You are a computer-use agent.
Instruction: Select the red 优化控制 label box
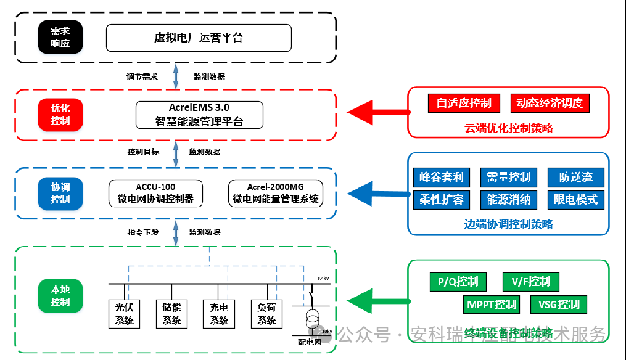[60, 113]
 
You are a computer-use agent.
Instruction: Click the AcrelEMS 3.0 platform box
[199, 115]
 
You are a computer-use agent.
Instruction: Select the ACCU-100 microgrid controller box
[155, 192]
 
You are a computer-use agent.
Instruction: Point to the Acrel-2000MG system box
[276, 192]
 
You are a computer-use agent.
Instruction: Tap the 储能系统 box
[171, 313]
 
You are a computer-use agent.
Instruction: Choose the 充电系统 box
[219, 313]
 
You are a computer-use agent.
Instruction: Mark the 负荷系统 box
[266, 313]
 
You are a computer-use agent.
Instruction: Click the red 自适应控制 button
[464, 103]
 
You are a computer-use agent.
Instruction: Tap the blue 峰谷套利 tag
[441, 178]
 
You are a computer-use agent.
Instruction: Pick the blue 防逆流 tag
[575, 178]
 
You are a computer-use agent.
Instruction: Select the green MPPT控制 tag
[492, 305]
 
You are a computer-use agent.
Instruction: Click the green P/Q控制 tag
[458, 282]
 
